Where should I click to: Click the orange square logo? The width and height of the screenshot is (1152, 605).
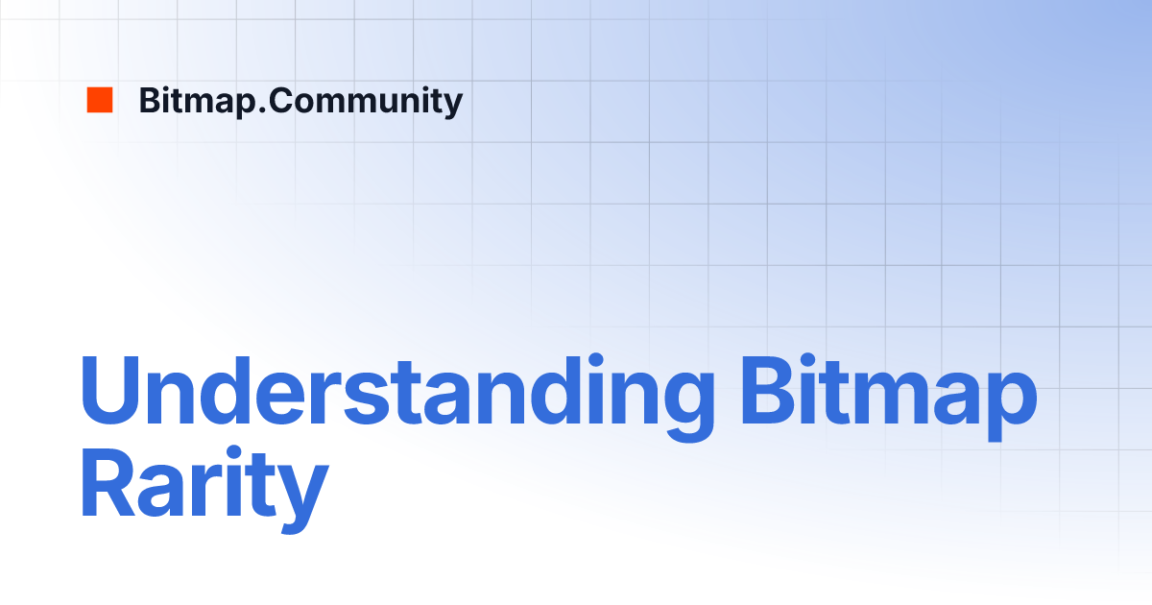point(100,100)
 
